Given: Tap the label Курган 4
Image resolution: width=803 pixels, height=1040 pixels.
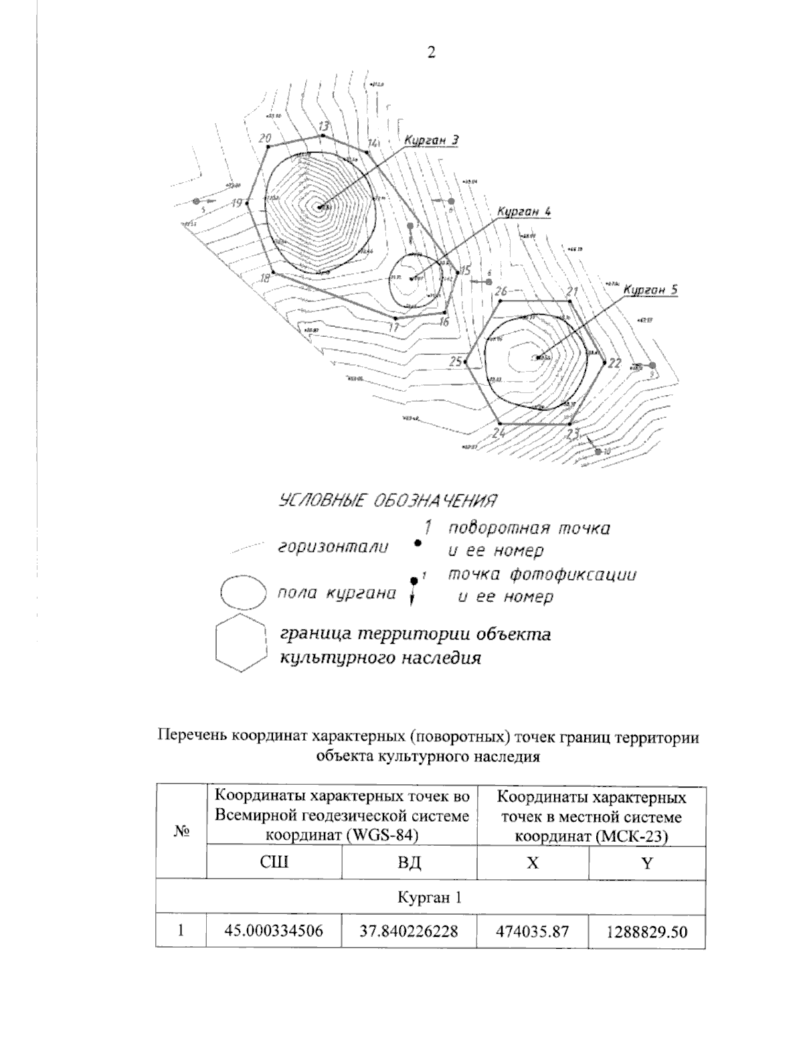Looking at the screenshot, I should coord(523,212).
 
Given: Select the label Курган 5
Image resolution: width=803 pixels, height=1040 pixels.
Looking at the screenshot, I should coord(650,290).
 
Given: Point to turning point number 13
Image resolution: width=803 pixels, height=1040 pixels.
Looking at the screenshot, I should coord(323,135).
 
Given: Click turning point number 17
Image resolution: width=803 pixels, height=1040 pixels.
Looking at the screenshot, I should coord(396,317).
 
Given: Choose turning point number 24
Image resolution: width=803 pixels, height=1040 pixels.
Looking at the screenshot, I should coord(500,424).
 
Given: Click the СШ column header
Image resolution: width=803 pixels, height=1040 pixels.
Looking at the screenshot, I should coord(274,863).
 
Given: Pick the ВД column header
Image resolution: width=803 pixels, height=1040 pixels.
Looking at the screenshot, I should coord(409,863).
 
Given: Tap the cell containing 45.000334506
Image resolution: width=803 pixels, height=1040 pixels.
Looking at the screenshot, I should coord(274,932).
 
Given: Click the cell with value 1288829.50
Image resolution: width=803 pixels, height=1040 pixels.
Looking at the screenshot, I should coord(646,932).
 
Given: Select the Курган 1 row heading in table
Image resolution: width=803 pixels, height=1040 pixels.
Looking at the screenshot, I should coord(430,897).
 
